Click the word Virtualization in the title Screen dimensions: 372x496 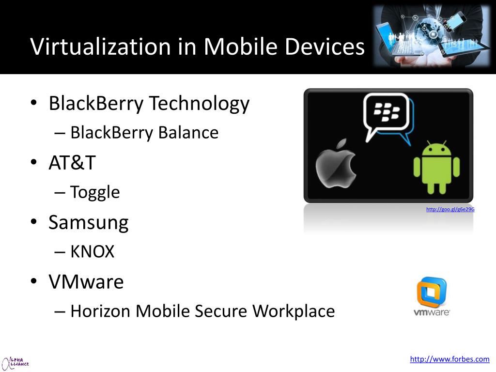click(100, 46)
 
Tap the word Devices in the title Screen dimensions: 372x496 click(324, 46)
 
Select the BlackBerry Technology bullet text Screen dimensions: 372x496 click(149, 103)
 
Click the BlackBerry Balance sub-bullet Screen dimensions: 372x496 click(144, 133)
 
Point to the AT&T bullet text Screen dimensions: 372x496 click(72, 163)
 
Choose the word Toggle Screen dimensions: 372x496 click(95, 192)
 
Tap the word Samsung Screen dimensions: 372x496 click(89, 222)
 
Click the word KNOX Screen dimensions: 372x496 click(93, 252)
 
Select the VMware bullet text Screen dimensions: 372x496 click(86, 281)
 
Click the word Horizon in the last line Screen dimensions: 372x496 click(101, 311)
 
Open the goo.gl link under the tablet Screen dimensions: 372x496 click(450, 209)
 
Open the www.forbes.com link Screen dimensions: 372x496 click(449, 359)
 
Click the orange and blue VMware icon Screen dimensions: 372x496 click(432, 292)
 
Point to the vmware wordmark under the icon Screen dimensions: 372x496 click(432, 312)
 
